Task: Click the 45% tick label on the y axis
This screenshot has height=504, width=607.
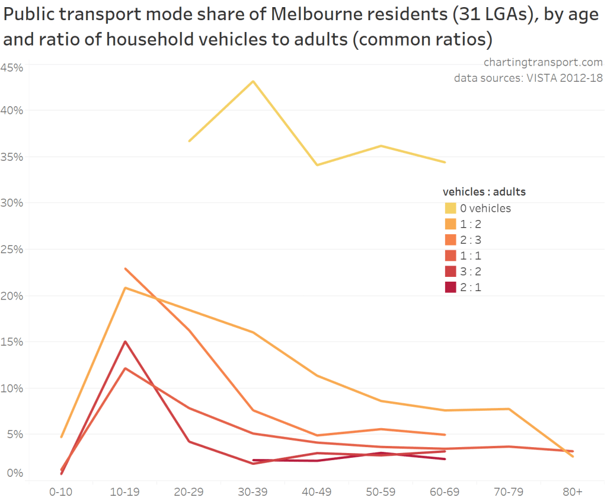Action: tap(12, 68)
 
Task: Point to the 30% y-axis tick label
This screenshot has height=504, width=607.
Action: tap(12, 203)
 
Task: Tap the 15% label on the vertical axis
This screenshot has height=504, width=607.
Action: tap(12, 342)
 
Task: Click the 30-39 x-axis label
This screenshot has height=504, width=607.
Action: tap(253, 492)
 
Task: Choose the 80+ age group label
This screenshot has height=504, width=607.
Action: tap(573, 492)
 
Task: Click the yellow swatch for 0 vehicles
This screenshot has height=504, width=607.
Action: tap(451, 208)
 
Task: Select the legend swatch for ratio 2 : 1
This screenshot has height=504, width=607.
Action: tap(451, 287)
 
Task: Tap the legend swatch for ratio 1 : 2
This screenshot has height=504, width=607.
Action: tap(451, 224)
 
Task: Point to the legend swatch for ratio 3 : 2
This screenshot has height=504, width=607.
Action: tap(451, 271)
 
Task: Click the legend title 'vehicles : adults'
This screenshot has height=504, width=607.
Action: tap(484, 192)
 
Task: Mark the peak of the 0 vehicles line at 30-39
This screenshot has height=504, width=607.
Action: tap(253, 81)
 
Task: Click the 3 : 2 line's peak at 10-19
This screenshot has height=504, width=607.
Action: tap(126, 342)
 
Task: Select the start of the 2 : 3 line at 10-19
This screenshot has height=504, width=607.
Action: tap(126, 269)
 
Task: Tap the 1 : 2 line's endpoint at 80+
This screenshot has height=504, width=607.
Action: tap(573, 456)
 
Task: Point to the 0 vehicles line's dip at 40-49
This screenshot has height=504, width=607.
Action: tap(317, 165)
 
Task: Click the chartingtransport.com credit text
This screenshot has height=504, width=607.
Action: tap(543, 62)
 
